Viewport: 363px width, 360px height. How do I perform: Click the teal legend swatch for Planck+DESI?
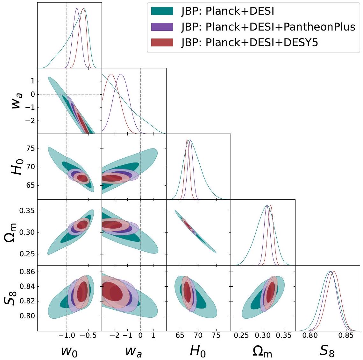(162, 11)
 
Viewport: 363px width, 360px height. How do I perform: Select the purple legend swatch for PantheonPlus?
(162, 27)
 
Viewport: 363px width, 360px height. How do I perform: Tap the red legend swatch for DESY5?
(162, 42)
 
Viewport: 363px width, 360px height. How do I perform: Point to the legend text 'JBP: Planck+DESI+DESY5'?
(250, 42)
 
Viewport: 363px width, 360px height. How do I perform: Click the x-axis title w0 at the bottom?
(69, 350)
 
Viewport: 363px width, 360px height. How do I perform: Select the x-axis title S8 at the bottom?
(327, 350)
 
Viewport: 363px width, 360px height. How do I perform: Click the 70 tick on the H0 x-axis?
(198, 336)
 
